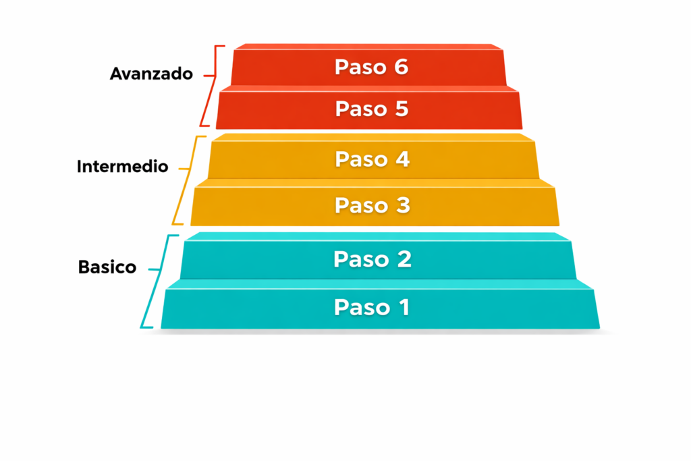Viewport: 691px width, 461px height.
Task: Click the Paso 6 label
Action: [x=371, y=67]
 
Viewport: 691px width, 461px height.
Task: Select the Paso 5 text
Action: [x=372, y=109]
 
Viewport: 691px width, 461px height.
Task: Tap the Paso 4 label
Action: [x=372, y=160]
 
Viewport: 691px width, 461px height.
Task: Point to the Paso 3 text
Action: [x=372, y=205]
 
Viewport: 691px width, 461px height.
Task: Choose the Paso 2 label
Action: [x=372, y=259]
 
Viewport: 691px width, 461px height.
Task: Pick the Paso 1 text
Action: [x=372, y=308]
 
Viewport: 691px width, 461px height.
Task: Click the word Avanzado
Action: [x=151, y=74]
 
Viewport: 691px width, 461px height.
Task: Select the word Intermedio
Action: [x=122, y=166]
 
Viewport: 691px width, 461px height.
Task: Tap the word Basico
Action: [x=107, y=267]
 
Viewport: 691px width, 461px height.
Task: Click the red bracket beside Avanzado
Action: [x=210, y=85]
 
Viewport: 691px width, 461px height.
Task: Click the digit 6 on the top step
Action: [x=400, y=67]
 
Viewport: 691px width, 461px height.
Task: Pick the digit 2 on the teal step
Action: [x=403, y=259]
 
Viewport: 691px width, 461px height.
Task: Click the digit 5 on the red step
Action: [x=401, y=109]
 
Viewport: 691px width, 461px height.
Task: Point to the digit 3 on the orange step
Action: [x=402, y=205]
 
